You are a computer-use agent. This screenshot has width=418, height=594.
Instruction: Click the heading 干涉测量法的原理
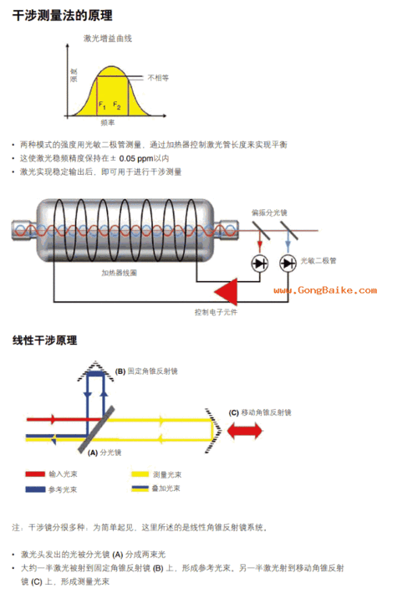tap(63, 16)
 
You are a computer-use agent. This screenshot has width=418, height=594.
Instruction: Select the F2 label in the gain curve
tap(117, 106)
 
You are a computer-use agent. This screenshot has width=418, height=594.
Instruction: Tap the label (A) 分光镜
tap(105, 452)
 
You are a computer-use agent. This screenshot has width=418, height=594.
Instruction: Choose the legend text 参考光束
tap(64, 489)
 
